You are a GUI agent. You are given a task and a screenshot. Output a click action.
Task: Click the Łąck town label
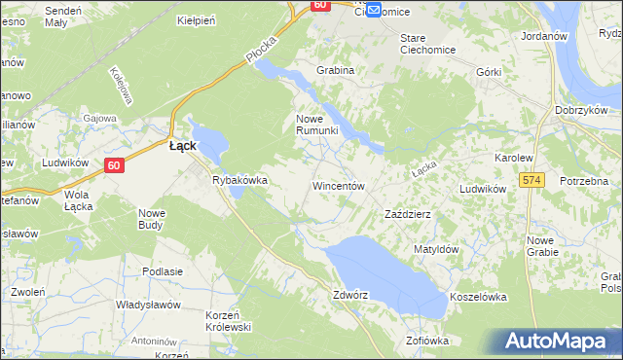click(183, 145)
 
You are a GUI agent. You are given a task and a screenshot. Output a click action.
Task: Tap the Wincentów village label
click(338, 185)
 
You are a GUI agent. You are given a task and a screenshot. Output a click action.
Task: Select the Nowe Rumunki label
click(316, 125)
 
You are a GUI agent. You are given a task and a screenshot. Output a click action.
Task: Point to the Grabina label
click(335, 70)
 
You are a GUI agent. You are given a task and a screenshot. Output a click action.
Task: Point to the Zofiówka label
click(426, 341)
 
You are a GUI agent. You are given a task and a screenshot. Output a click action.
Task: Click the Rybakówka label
click(239, 180)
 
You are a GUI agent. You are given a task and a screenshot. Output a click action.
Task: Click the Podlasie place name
click(163, 271)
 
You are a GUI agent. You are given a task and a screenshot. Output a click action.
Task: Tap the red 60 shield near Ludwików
click(114, 165)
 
